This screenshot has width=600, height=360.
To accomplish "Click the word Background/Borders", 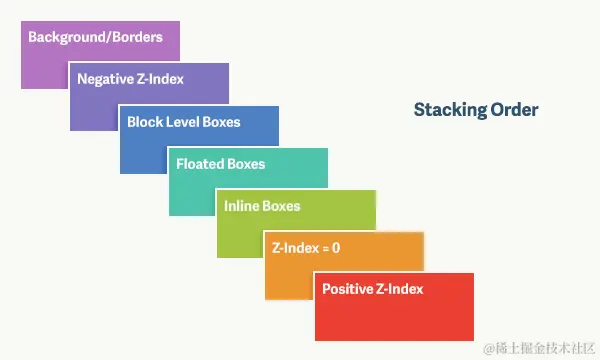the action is pyautogui.click(x=95, y=37).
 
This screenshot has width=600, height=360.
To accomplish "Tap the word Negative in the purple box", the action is pyautogui.click(x=103, y=79).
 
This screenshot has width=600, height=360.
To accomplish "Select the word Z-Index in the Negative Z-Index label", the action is pyautogui.click(x=158, y=79).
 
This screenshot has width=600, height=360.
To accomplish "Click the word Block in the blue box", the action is pyautogui.click(x=142, y=122).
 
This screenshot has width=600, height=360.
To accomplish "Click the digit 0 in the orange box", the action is pyautogui.click(x=336, y=248).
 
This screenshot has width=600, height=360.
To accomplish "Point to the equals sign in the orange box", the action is pyautogui.click(x=325, y=249).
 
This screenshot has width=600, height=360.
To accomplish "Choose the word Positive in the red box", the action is pyautogui.click(x=347, y=289).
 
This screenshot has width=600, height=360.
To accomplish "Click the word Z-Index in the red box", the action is pyautogui.click(x=399, y=289).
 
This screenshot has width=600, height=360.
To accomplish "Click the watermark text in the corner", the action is pyautogui.click(x=539, y=349).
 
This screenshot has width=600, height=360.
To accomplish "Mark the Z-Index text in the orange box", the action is pyautogui.click(x=295, y=248).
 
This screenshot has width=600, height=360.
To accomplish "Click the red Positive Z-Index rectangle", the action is pyautogui.click(x=395, y=307).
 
